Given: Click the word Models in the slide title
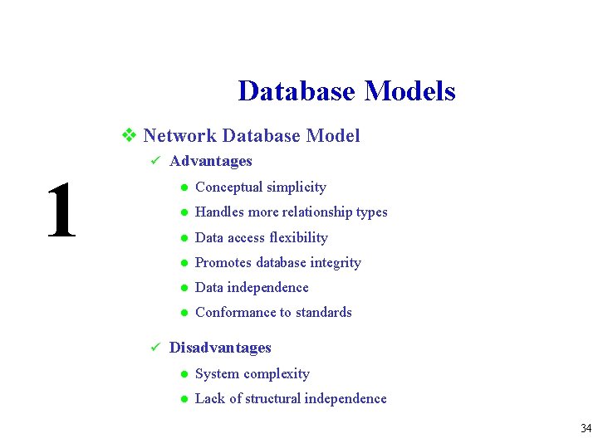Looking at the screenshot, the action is (x=409, y=90).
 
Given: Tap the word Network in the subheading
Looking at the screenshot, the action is (x=179, y=135).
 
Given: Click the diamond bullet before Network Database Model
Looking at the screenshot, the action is (x=129, y=135).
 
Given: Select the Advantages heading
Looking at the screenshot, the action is (x=210, y=161).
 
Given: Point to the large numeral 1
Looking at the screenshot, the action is (x=61, y=212).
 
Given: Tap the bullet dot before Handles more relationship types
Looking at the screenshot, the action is (x=183, y=212).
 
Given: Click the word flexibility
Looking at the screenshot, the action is (x=299, y=237).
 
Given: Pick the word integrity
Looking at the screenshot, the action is (x=336, y=262).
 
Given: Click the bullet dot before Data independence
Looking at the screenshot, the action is (x=183, y=288).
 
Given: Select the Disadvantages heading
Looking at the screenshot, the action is (x=220, y=348).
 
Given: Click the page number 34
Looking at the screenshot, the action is (x=586, y=429).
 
